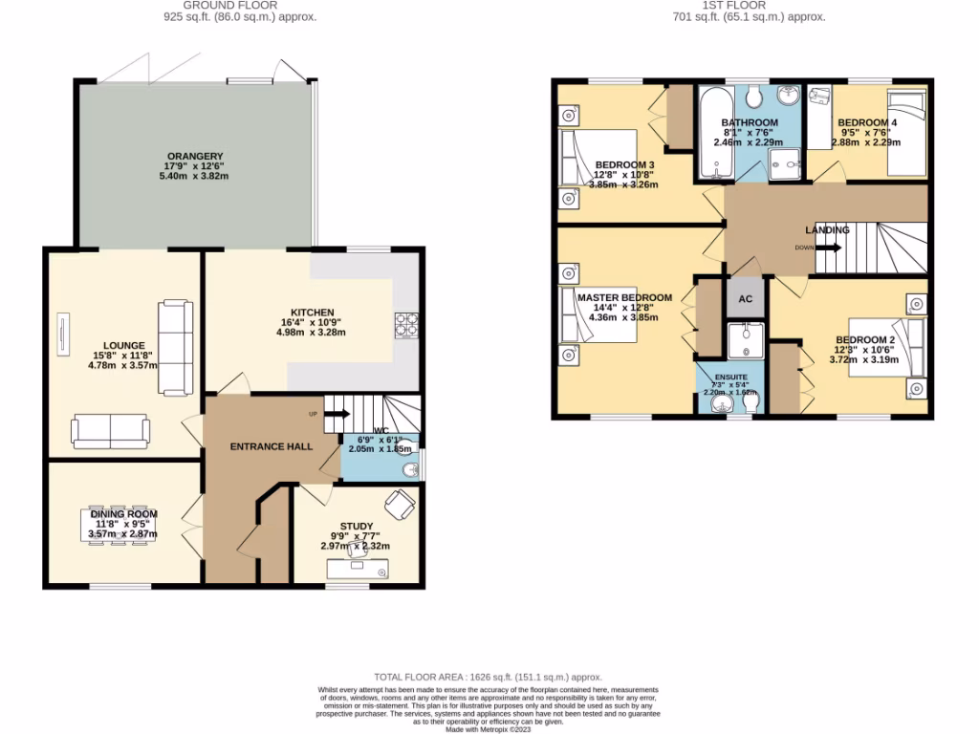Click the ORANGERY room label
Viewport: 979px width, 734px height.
(195, 157)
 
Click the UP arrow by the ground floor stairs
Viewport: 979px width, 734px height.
(335, 414)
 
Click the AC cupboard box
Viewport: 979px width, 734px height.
(746, 298)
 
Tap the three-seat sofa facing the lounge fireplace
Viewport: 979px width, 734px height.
(175, 347)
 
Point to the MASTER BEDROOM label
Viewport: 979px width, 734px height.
(624, 298)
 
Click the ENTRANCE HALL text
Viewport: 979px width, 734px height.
(272, 446)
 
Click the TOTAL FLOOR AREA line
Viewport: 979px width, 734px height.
(489, 675)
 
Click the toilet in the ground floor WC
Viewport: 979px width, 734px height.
(408, 468)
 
